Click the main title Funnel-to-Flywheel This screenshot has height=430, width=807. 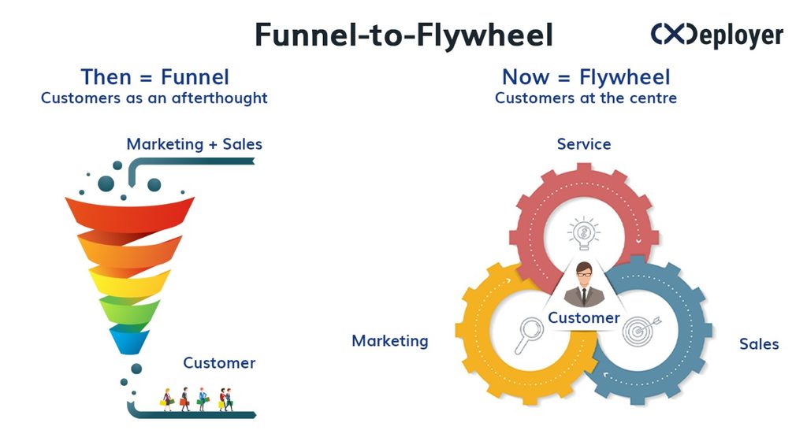(404, 35)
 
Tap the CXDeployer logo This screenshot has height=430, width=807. (717, 35)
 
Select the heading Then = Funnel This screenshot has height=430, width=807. (155, 77)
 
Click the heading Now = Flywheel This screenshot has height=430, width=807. (586, 77)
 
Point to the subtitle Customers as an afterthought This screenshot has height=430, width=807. (154, 98)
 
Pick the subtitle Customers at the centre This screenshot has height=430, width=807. (586, 98)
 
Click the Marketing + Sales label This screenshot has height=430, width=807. (195, 145)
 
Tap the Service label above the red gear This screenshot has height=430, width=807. (584, 144)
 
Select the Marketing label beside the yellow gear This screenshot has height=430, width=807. (390, 341)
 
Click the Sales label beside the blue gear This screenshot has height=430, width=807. (759, 343)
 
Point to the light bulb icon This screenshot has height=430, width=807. (584, 233)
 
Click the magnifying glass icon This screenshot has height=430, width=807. (529, 335)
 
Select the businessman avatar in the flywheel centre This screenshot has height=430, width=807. (584, 284)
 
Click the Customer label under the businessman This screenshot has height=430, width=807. (584, 318)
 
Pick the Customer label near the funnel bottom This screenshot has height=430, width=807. (219, 363)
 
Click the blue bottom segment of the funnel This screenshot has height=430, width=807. (129, 339)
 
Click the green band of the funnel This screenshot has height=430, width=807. (129, 310)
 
